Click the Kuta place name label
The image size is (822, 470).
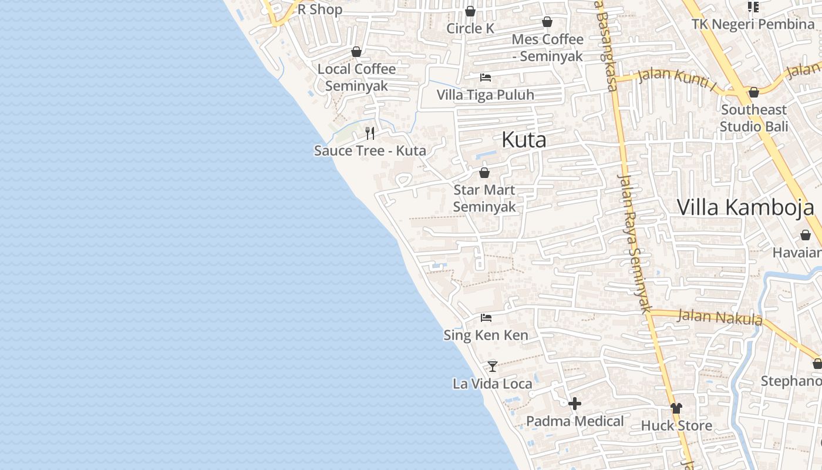pos(524,140)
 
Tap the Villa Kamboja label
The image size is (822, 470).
pos(745,207)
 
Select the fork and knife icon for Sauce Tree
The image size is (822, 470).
pos(370,133)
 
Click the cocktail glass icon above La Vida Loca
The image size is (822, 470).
pos(493,367)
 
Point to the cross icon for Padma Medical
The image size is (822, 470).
pos(575,404)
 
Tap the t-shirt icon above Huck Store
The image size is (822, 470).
pos(676,408)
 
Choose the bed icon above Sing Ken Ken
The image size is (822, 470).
pos(486,318)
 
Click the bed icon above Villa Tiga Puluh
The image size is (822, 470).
pos(486,77)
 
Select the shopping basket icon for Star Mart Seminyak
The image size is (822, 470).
pos(484,173)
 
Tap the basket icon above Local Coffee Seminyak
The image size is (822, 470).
pos(356,52)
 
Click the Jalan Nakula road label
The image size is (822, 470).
pos(720,317)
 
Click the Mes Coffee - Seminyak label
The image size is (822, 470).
pos(547,48)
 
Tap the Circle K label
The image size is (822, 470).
pos(470,28)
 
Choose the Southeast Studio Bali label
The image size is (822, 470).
pos(754,118)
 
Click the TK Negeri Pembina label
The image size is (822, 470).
pos(753,24)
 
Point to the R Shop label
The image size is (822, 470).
pos(320,9)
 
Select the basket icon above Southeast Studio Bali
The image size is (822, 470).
pos(754,92)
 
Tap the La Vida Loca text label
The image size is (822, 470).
pos(492,384)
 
